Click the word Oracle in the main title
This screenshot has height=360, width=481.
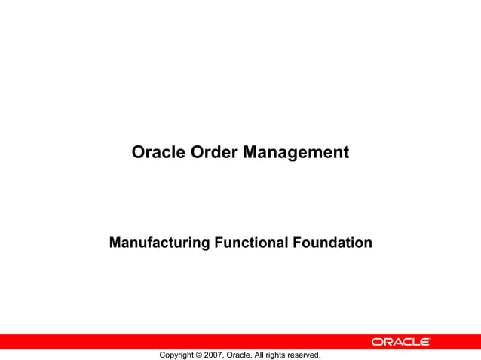tap(156, 153)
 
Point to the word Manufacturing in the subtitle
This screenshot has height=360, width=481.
tap(158, 243)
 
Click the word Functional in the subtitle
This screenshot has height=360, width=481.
tap(250, 243)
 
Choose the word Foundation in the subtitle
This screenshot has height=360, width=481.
tap(332, 243)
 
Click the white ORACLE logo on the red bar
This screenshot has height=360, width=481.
tap(400, 342)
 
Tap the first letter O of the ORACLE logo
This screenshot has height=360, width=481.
tap(376, 342)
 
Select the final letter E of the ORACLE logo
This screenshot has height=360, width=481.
tap(425, 342)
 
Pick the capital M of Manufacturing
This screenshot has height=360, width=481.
tap(115, 243)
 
